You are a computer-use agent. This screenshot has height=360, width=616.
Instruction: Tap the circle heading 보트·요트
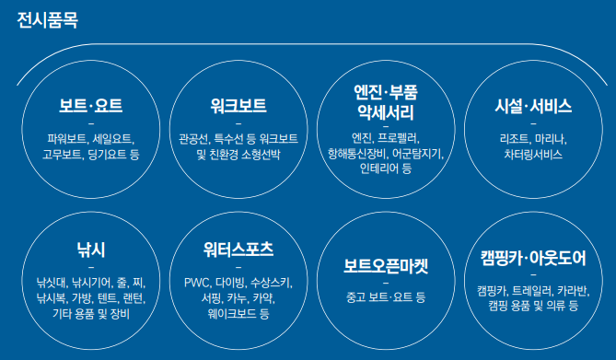pyautogui.click(x=90, y=105)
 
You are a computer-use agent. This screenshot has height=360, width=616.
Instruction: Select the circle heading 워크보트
pyautogui.click(x=238, y=105)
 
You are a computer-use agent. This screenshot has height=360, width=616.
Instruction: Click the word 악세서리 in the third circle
pyautogui.click(x=386, y=113)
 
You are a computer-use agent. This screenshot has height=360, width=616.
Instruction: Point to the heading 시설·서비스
pyautogui.click(x=533, y=105)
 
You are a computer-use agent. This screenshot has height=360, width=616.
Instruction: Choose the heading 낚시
pyautogui.click(x=90, y=249)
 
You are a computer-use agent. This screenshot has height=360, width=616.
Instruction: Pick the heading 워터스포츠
pyautogui.click(x=238, y=249)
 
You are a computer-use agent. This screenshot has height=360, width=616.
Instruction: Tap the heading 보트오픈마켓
pyautogui.click(x=386, y=267)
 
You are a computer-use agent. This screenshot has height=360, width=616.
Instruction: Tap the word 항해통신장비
pyautogui.click(x=360, y=154)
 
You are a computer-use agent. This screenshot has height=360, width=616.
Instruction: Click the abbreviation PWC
pyautogui.click(x=197, y=282)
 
